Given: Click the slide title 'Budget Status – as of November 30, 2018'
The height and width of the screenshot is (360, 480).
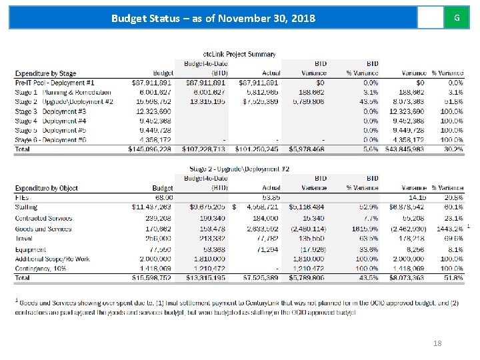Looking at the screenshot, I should [x=213, y=17].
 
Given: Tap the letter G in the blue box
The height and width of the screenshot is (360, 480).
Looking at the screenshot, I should [x=456, y=17].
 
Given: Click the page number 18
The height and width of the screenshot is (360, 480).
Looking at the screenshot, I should [x=438, y=343].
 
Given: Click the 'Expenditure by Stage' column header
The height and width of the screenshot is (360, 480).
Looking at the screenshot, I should [x=45, y=73].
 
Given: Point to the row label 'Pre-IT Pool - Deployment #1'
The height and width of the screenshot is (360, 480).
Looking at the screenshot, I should [x=55, y=82].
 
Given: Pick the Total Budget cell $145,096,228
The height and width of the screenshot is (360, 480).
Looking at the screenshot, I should [x=149, y=149].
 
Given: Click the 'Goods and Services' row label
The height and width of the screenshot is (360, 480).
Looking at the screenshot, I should [x=43, y=229].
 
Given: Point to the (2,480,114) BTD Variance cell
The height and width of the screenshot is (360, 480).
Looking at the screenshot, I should [x=307, y=229].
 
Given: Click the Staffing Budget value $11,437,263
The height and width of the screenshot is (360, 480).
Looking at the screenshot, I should [x=153, y=207].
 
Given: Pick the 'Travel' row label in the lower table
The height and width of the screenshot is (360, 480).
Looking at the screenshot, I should [x=23, y=237].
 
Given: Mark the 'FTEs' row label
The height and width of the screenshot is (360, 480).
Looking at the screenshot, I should [x=22, y=197].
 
